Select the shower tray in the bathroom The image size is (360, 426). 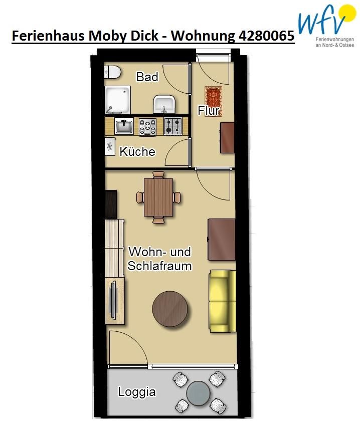(x=118, y=100)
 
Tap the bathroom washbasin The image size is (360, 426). (x=163, y=104)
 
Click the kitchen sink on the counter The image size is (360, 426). (x=124, y=126)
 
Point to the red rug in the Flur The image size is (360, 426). (x=214, y=101)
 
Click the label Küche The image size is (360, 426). (x=137, y=151)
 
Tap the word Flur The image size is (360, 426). (x=208, y=111)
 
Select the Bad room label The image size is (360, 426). (x=147, y=77)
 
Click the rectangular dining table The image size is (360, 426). (x=158, y=197)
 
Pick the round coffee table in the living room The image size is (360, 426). (x=170, y=309)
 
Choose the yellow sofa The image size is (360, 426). (x=222, y=301)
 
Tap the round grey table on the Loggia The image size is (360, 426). (x=198, y=393)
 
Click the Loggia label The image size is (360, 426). (x=137, y=392)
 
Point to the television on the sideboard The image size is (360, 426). (x=113, y=301)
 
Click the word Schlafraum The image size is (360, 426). (x=159, y=266)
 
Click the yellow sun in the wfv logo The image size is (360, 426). (x=347, y=14)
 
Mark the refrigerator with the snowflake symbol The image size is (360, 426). (x=110, y=146)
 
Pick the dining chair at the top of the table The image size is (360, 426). (x=158, y=174)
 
